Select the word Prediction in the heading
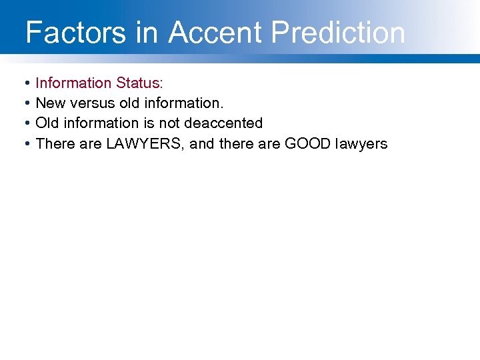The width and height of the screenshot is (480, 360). tap(339, 32)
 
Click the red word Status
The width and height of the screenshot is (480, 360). tap(138, 83)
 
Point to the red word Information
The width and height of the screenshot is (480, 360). tap(73, 83)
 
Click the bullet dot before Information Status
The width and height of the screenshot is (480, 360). tap(25, 83)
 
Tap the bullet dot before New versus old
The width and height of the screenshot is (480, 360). tap(25, 103)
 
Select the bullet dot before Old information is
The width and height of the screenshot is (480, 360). tap(25, 123)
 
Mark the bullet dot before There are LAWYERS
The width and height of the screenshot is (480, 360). tap(25, 143)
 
